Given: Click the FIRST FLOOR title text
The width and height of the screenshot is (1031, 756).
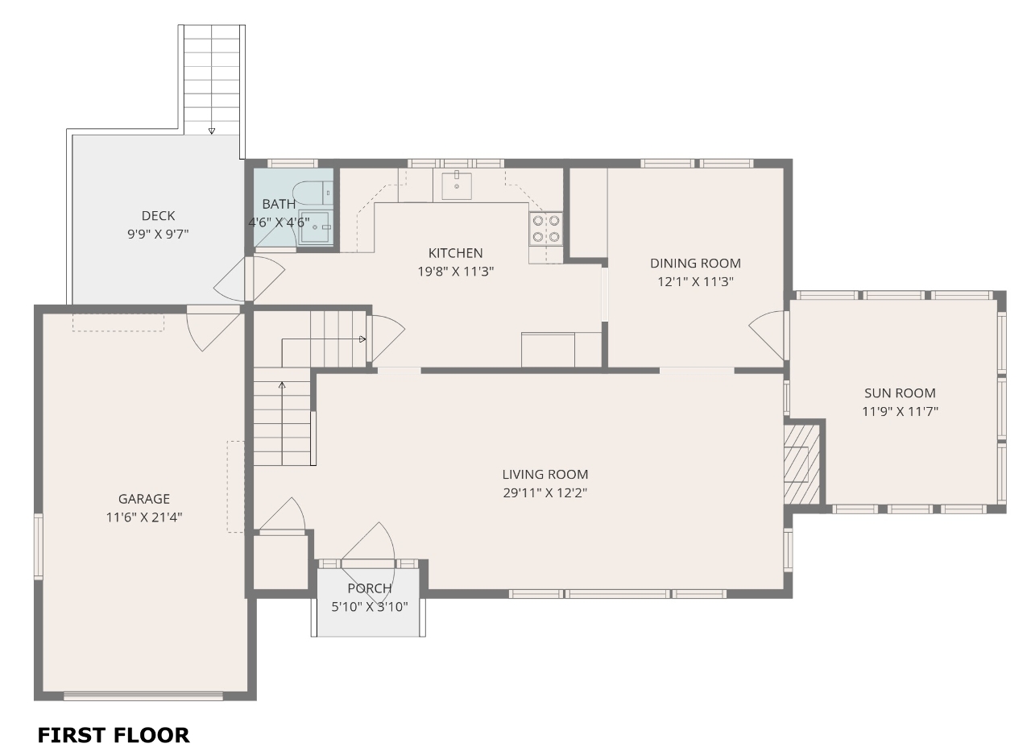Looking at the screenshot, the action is tap(114, 735).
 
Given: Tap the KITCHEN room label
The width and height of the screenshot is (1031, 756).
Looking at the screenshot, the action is tap(456, 253).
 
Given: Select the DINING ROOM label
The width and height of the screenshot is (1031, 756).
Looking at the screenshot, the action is tap(695, 263).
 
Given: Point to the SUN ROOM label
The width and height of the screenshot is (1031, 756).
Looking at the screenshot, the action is tap(900, 393).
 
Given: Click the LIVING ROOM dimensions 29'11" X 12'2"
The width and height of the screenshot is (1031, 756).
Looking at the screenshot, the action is tap(545, 492).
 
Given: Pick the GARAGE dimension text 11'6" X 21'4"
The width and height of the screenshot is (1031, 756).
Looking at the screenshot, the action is tap(144, 517).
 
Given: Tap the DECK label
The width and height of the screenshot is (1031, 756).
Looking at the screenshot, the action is tap(158, 215).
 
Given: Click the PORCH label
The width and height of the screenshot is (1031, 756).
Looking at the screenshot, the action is tap(370, 588).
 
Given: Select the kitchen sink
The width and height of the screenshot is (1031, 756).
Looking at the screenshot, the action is tap(457, 185).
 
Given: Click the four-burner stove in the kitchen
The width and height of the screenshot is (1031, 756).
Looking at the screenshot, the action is tap(546, 228).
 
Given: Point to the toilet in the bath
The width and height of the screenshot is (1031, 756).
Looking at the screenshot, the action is tap(313, 193).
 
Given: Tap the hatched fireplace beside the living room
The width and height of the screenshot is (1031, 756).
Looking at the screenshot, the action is tap(801, 464).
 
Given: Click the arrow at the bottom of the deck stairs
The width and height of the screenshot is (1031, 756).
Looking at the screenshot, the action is tap(212, 131).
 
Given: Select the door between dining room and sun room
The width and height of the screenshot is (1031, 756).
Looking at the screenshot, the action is tap(767, 335).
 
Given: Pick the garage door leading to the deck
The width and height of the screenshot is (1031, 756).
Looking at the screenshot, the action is tap(213, 327).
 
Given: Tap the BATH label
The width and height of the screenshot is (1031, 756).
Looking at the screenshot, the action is tap(279, 204).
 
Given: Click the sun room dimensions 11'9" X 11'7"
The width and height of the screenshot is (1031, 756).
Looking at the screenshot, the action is tap(900, 411).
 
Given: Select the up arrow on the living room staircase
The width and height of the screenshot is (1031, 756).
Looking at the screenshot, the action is tap(282, 385).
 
